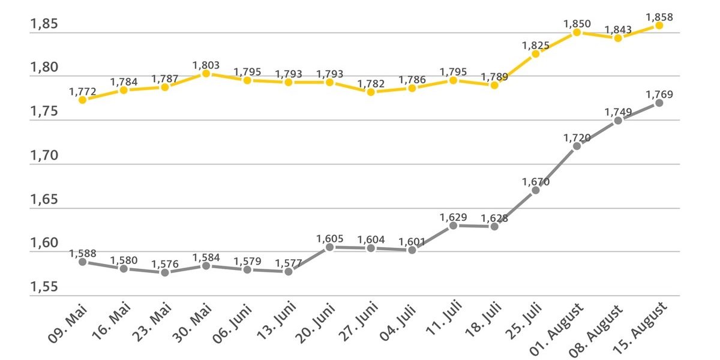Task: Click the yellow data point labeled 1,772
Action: [x=82, y=100]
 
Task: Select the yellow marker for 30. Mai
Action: [x=206, y=73]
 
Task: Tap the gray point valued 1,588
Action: [x=82, y=262]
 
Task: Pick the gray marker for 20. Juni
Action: [x=329, y=247]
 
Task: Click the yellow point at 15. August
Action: [x=659, y=25]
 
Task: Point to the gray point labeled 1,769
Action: [x=659, y=103]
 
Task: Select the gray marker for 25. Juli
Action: [x=535, y=190]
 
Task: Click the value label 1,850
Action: [x=577, y=24]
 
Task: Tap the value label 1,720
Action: [x=577, y=138]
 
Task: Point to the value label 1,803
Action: [x=206, y=65]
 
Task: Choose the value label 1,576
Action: [x=164, y=264]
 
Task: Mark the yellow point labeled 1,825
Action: [x=535, y=53]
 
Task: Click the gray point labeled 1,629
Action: [x=453, y=226]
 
